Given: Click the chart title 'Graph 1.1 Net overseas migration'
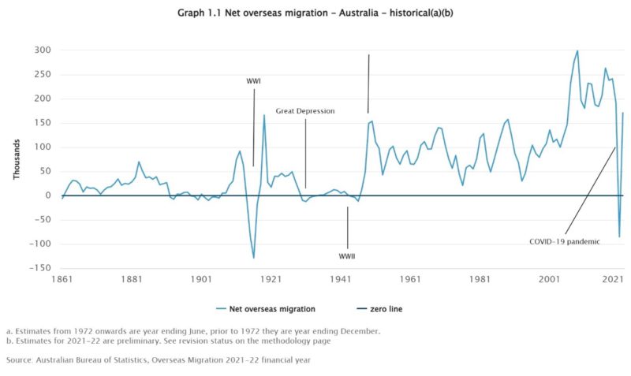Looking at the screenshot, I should tap(315, 13).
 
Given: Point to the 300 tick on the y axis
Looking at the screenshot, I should tap(42, 50).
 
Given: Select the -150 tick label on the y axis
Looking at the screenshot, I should tap(39, 268).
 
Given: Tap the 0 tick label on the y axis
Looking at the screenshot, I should tap(48, 195).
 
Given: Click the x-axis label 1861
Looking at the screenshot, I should tap(62, 280).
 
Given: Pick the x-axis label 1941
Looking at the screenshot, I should tap(341, 280).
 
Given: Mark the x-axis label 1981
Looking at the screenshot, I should tap(480, 280).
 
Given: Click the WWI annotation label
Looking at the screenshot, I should tap(253, 81).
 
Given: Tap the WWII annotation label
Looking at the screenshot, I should tap(348, 255).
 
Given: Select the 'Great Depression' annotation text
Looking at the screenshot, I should tap(305, 111).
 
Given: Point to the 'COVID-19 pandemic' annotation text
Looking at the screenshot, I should tap(565, 241).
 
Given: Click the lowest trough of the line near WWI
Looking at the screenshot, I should tap(254, 258).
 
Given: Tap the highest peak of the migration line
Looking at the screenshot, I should tap(577, 50).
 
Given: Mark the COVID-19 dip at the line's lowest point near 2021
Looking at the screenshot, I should tap(619, 236).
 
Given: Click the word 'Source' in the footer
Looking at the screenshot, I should tap(20, 359).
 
